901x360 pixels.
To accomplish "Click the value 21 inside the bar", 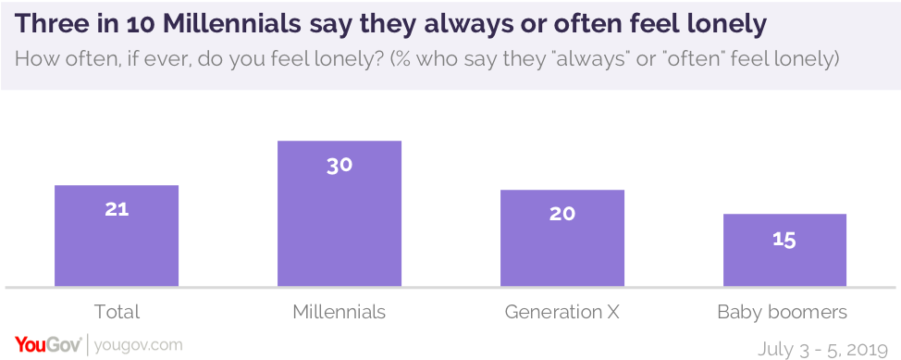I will coord(117,209).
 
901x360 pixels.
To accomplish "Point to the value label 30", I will coord(339,165).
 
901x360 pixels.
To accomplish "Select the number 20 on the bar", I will coord(562,214).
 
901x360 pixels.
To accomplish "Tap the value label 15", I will coord(784,239).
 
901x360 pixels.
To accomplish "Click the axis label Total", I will coord(117,311).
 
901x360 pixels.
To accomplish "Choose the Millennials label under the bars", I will coord(339,311).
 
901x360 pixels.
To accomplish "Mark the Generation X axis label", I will coord(562,311).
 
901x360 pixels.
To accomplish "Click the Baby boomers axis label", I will coord(783,311).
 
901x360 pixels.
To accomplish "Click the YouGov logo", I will coord(47,345).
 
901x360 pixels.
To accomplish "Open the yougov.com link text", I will coord(138,345).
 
